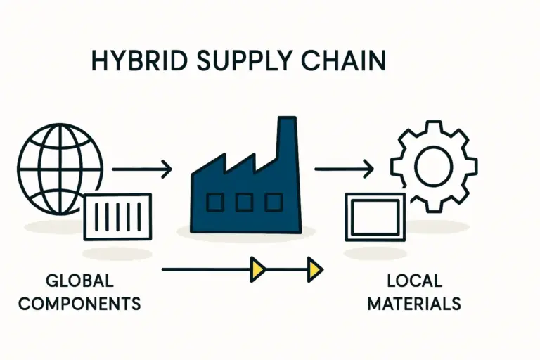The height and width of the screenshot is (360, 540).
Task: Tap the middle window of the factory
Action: pos(244,202)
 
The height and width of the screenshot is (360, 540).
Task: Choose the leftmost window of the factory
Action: pos(214,202)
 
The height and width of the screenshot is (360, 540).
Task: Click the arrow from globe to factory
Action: pos(141,169)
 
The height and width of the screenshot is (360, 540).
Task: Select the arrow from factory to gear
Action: pos(344,169)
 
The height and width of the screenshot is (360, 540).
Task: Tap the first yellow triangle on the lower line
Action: pos(258,268)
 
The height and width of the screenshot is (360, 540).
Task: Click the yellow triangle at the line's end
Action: pos(314,268)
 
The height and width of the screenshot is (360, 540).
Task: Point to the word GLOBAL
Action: pos(79,281)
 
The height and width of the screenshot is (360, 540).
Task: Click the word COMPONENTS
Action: pos(79,304)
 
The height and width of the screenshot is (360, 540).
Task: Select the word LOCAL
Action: pos(414,281)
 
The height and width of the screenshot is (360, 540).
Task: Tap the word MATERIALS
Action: pos(414,304)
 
